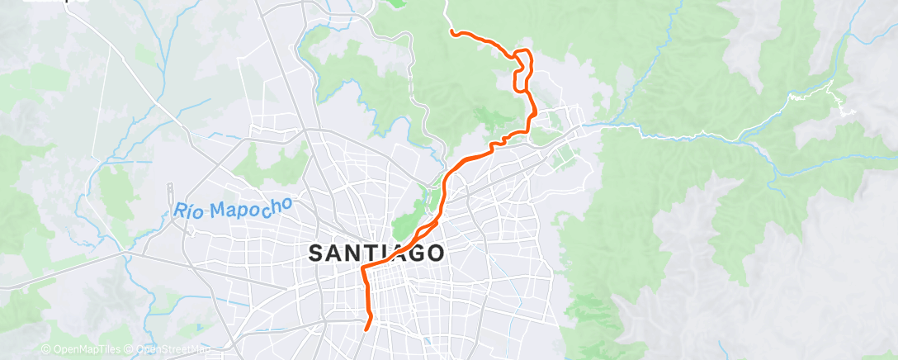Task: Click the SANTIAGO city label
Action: [x=378, y=253]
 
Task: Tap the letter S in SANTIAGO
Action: [x=317, y=254]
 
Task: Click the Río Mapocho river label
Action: [x=233, y=207]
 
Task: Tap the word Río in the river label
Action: [x=188, y=211]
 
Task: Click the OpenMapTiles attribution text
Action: [x=83, y=349]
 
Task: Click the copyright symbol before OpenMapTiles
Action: [x=45, y=349]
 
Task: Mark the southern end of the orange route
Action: [x=366, y=329]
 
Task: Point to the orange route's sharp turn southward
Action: [x=364, y=269]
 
